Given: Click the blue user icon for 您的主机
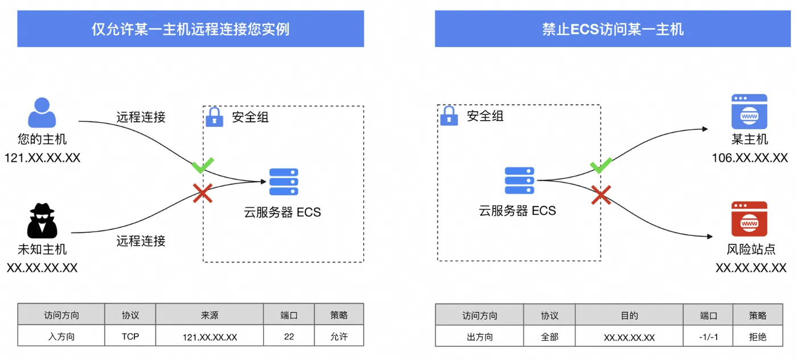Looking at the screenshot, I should click(42, 112).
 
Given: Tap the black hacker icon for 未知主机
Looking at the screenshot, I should click(42, 220).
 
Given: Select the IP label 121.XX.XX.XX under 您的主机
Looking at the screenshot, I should click(42, 158).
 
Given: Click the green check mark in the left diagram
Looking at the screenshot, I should click(203, 165).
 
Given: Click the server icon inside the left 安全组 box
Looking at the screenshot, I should click(284, 182).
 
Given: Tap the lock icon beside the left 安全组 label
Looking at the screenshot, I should click(215, 117).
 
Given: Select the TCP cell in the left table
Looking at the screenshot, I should click(130, 336).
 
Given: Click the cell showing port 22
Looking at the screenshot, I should click(289, 336).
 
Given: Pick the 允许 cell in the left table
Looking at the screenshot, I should click(339, 336).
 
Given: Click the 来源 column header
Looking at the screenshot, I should click(209, 315).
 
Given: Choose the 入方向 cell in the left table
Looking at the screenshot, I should click(61, 336).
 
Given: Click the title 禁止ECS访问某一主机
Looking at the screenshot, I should click(613, 29).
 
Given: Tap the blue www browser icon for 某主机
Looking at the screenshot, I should click(749, 112).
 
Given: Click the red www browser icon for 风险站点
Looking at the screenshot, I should click(749, 219).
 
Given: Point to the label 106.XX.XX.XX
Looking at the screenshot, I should click(750, 158).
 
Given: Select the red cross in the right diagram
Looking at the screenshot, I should click(601, 195).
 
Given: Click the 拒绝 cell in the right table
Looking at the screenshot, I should click(758, 337).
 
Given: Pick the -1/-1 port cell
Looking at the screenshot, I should click(708, 337).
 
